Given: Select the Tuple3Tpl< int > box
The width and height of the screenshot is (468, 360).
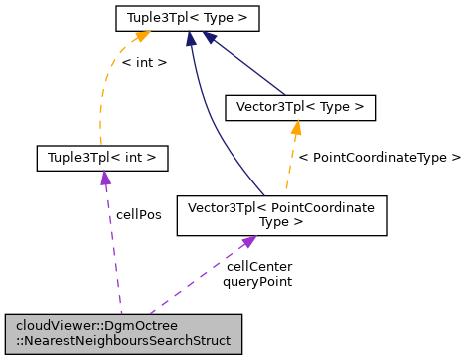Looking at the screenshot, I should click(x=101, y=157).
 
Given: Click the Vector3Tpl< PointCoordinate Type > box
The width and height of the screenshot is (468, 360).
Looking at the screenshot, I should click(x=281, y=215).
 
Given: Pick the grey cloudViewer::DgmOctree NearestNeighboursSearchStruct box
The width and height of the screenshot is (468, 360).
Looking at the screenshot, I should click(x=122, y=333).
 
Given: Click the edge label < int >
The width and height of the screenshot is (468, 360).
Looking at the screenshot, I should click(x=144, y=62).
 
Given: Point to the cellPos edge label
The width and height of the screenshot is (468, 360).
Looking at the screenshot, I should click(x=139, y=213).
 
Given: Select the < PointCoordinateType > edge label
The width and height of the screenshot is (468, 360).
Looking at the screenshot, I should click(x=380, y=157).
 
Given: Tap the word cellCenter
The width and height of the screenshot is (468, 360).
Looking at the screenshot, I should click(x=258, y=267).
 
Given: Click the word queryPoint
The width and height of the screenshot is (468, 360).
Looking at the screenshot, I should click(x=257, y=282).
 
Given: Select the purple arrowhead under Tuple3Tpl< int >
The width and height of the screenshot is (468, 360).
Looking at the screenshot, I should click(x=103, y=178).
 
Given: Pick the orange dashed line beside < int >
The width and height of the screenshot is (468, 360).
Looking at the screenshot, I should click(x=104, y=100).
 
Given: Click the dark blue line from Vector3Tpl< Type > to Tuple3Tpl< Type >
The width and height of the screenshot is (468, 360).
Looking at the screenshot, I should click(x=249, y=64).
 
